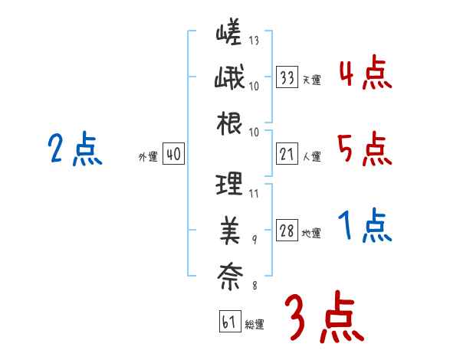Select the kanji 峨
[229, 79]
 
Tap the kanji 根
[229, 123]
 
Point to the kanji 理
[229, 184]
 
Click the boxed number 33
[287, 77]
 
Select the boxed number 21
[287, 155]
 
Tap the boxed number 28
[287, 231]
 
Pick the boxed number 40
[172, 155]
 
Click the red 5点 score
[364, 149]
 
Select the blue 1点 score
[364, 226]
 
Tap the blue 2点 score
[74, 149]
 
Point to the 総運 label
[255, 324]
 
